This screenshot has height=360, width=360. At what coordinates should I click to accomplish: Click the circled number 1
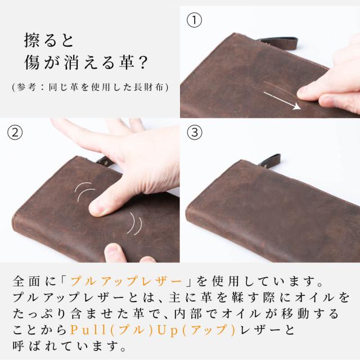(194, 21)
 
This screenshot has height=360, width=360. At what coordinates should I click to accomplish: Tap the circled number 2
(15, 133)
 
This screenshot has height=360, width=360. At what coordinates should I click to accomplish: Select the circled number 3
(194, 133)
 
